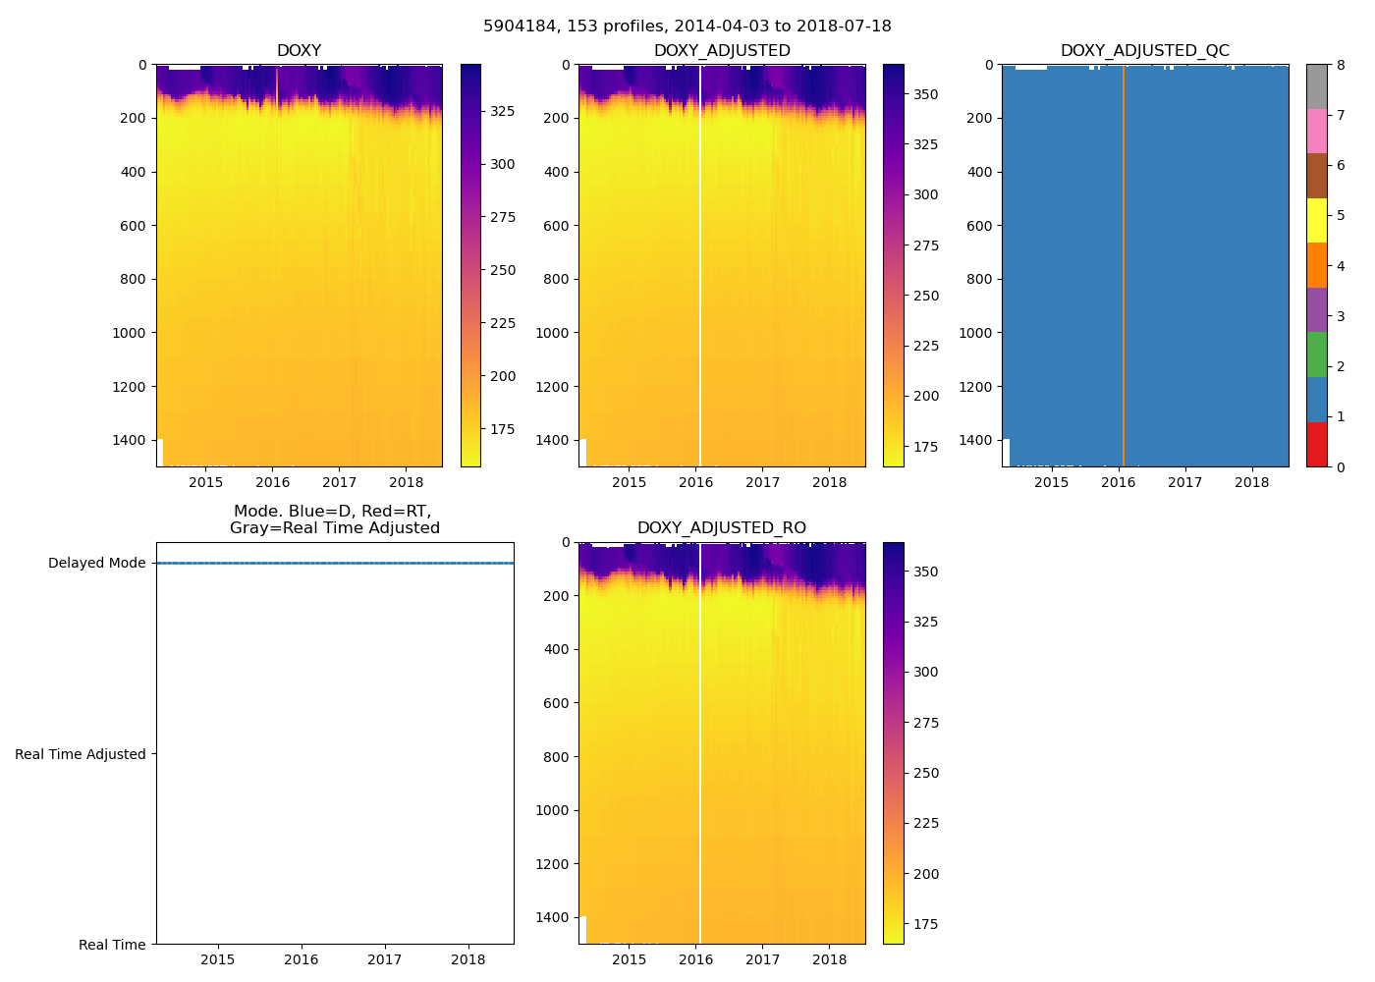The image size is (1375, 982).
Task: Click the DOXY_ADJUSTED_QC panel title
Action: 1144,51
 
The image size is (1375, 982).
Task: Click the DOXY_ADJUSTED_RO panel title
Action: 721,528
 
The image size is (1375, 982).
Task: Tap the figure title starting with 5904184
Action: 687,27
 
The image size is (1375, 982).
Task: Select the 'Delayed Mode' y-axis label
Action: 96,564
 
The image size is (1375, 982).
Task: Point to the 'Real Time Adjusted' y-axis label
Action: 81,754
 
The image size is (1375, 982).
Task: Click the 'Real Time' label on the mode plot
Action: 112,945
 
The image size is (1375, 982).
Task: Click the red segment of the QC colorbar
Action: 1316,444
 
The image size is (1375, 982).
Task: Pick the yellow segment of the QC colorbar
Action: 1316,220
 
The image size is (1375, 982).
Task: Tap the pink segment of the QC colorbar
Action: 1316,131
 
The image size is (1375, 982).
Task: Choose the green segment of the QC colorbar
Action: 1316,355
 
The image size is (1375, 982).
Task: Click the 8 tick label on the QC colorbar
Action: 1341,66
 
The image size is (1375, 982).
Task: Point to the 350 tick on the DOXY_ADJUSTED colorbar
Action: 925,95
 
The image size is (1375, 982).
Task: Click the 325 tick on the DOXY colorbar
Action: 503,111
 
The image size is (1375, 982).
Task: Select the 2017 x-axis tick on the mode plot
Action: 385,959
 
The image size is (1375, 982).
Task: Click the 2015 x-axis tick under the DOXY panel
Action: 206,482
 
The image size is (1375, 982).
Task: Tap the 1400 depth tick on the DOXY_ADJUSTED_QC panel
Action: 978,440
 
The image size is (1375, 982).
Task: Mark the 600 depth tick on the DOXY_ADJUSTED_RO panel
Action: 556,703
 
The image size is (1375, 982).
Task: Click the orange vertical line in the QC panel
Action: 1124,265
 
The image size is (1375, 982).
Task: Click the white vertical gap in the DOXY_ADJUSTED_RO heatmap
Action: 699,736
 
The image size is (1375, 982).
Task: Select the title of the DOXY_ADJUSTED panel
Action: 721,51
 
